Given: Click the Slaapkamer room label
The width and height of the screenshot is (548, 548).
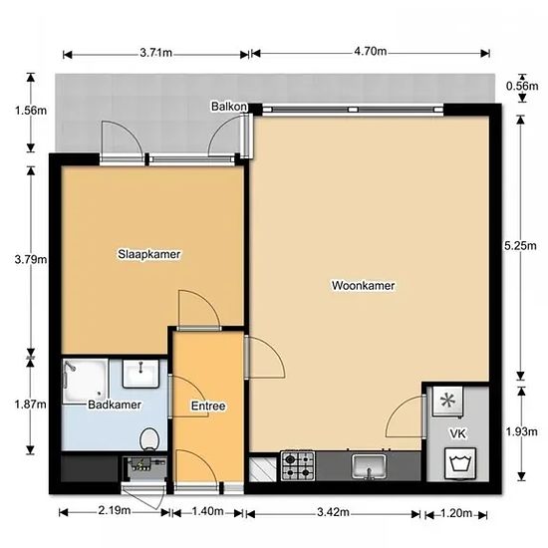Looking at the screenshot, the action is point(149,254).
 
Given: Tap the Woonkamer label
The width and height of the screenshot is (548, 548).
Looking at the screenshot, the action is point(363,286).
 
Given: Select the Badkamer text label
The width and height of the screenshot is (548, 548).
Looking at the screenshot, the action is point(115,405).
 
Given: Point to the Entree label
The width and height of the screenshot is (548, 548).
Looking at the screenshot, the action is point(208,406).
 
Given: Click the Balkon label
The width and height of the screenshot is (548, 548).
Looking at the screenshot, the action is point(229,107).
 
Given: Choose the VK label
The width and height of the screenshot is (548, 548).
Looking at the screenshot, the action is point(458,433).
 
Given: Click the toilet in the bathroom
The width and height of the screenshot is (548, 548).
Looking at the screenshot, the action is point(149,439).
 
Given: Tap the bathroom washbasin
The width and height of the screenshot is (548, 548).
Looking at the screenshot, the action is point(140,374).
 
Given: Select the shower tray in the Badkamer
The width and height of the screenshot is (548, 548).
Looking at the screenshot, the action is point(85,382).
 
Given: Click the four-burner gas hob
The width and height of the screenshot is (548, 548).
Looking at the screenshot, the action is point(298,466).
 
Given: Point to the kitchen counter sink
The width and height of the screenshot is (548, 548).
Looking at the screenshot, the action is point(369,466).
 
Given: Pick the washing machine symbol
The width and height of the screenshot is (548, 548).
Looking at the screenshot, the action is point(460,463).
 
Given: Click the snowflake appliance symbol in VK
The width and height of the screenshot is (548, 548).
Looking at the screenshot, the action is point(447,401).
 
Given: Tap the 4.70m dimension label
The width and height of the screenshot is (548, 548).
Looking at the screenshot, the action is point(370,52).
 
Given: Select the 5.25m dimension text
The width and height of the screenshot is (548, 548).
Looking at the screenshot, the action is point(520,246).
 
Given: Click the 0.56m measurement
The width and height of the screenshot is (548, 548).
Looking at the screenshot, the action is point(522,86).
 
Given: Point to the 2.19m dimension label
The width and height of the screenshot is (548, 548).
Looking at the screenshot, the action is point(115,510).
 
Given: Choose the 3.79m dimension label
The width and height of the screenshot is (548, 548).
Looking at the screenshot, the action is point(31,260).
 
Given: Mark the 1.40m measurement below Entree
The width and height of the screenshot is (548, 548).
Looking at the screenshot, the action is point(207,511).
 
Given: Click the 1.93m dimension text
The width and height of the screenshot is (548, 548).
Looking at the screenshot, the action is point(521,432).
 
